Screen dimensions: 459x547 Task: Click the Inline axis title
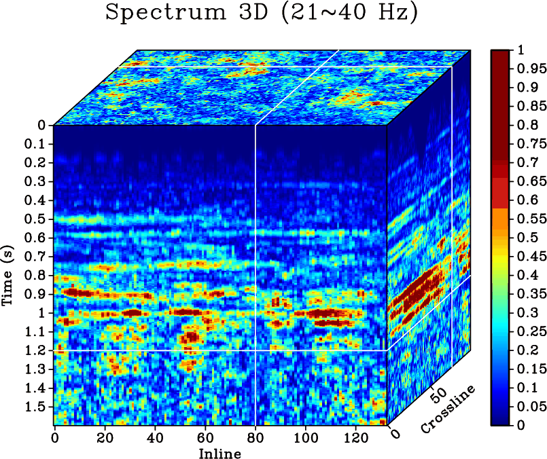coord(219,453)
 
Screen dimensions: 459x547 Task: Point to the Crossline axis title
coord(448,409)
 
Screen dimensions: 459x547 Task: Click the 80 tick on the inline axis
coord(255,439)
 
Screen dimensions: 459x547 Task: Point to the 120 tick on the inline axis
coord(355,439)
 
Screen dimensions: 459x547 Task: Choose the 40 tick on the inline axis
coord(154,439)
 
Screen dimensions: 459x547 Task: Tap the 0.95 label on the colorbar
coord(529,69)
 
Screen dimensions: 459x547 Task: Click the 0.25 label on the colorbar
coord(529,331)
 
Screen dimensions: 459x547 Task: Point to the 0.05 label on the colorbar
coord(529,407)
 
